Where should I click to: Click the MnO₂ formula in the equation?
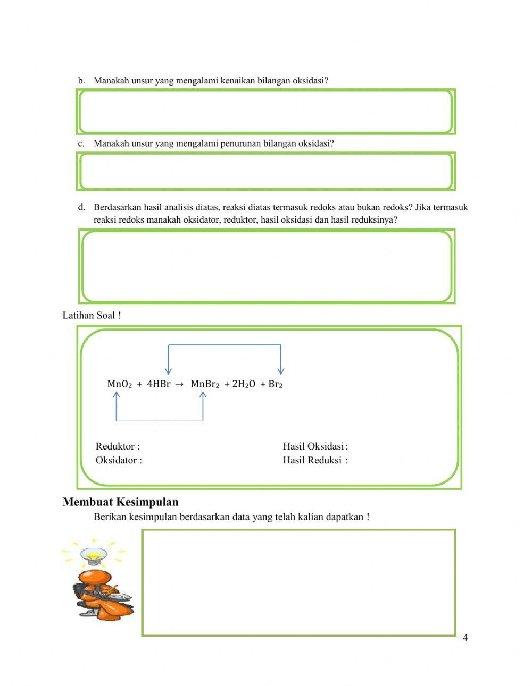[x=119, y=384]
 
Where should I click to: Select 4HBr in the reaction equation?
[x=159, y=384]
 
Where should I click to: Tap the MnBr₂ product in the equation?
[x=205, y=384]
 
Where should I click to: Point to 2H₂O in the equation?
[x=243, y=384]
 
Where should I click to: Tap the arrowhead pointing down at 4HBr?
[x=168, y=370]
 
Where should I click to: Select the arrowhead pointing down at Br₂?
[x=281, y=370]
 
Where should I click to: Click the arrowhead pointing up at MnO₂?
[x=117, y=395]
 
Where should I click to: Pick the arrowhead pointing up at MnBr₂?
[x=203, y=395]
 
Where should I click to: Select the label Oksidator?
[x=119, y=460]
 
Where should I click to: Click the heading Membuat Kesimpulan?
[x=120, y=502]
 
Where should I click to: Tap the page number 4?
[x=465, y=638]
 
